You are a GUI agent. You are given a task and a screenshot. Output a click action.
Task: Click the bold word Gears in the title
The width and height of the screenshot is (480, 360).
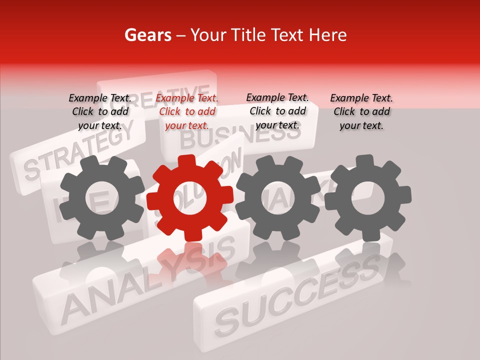click(x=147, y=35)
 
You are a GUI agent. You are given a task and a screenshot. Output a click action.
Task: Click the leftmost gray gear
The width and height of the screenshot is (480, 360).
click(x=102, y=197)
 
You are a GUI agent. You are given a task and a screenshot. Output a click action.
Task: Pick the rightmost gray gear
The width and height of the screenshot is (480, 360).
click(x=368, y=197)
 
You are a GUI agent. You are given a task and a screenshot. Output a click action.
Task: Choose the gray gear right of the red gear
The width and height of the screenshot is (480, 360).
click(x=278, y=197)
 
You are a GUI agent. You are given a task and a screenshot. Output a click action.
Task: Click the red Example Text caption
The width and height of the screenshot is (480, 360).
click(x=187, y=111)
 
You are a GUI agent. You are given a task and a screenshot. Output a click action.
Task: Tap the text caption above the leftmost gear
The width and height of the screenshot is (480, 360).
click(x=100, y=111)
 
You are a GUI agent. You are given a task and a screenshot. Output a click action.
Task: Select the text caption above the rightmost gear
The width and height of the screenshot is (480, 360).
click(x=361, y=111)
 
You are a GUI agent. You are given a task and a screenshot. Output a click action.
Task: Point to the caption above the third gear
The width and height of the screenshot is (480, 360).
click(x=277, y=111)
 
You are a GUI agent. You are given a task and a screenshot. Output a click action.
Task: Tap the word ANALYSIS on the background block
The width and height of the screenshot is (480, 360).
click(x=150, y=280)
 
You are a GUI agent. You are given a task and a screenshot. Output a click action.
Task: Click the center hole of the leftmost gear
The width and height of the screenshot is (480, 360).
click(x=102, y=197)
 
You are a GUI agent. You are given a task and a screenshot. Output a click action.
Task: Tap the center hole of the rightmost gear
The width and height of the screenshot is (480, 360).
click(x=368, y=197)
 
